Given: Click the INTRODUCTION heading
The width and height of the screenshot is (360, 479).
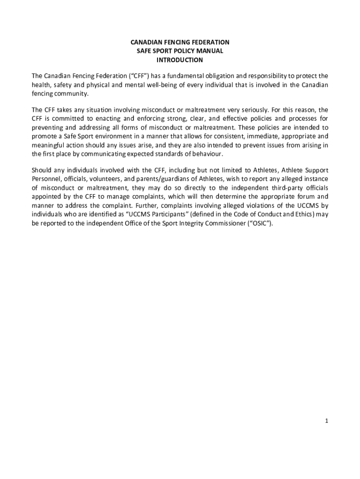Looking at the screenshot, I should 180,60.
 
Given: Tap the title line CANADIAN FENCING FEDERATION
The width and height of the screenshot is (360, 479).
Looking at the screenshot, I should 180,42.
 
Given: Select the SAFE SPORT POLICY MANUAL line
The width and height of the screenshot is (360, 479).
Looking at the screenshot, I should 180,51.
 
